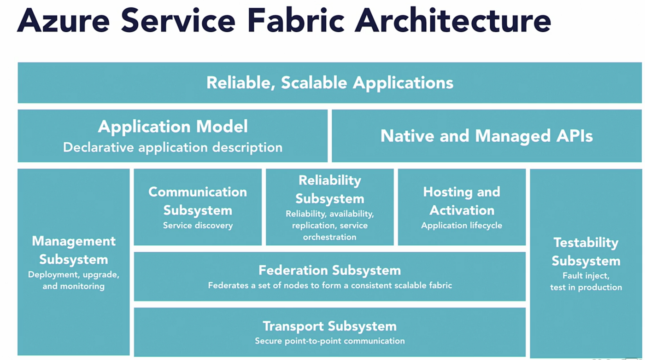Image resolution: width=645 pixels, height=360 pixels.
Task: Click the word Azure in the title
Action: click(64, 21)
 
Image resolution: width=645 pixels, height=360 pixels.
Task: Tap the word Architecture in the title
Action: click(453, 20)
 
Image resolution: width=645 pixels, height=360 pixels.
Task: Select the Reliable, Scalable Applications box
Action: click(330, 82)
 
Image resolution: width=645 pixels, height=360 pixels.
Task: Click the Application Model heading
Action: click(173, 127)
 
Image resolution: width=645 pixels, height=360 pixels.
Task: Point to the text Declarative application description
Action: click(173, 147)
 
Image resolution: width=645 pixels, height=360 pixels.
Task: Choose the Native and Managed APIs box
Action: click(487, 136)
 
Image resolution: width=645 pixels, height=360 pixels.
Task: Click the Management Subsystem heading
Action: click(74, 250)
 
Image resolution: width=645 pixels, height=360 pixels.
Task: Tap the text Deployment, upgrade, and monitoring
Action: click(74, 280)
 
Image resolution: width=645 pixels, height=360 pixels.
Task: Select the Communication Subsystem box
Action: click(198, 207)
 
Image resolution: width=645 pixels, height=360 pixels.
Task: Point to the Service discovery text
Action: click(198, 225)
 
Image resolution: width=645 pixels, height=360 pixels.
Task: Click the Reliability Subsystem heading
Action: click(330, 189)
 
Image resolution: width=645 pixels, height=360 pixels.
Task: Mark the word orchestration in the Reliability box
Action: click(330, 237)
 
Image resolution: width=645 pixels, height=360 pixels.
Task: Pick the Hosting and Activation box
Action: click(462, 207)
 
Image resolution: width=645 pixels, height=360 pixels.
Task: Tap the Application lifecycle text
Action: click(462, 225)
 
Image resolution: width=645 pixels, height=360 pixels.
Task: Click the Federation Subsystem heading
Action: click(330, 270)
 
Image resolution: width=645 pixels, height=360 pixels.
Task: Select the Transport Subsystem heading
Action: click(330, 326)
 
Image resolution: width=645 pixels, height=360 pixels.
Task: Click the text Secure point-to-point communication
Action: click(330, 341)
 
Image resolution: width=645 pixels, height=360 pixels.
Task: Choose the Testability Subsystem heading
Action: click(586, 251)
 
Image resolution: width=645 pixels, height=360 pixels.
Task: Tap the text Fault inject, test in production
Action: click(586, 281)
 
